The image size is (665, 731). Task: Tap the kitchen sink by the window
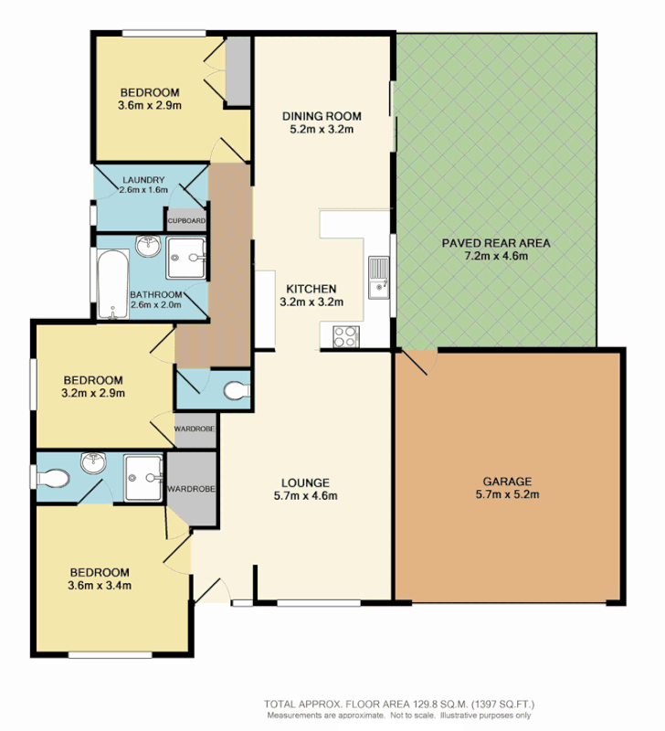[378, 278]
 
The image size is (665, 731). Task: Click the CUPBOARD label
[186, 221]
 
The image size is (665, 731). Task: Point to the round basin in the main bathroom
[148, 248]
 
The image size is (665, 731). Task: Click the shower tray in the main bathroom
[186, 258]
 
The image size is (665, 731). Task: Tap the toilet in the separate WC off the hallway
[237, 390]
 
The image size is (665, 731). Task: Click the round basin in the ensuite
[92, 464]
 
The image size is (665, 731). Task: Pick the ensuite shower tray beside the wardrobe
[143, 476]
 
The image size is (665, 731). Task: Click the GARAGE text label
[507, 481]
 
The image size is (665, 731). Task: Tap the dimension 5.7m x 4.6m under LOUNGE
[306, 497]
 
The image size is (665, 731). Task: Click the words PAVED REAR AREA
[495, 242]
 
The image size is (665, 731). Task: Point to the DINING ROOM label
[322, 116]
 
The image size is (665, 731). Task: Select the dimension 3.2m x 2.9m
[93, 394]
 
